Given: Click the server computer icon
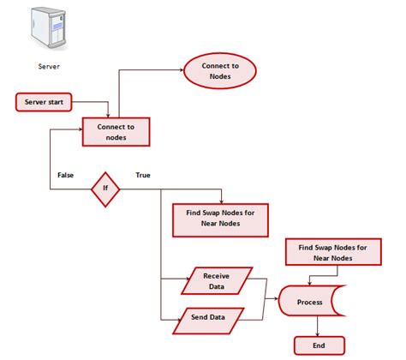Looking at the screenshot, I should (50, 29).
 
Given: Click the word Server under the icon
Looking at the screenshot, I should (49, 66).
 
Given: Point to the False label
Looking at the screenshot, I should (66, 175).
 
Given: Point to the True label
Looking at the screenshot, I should (144, 175).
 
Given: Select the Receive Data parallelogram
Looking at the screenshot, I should (217, 280).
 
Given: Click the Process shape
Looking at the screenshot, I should (310, 303).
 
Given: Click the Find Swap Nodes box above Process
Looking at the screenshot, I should (334, 252).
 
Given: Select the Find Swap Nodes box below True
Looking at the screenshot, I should (221, 219).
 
